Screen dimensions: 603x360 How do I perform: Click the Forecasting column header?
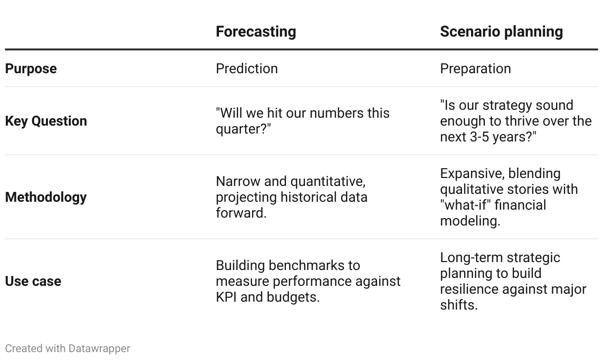click(x=256, y=32)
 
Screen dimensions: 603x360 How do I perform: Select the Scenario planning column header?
click(x=501, y=32)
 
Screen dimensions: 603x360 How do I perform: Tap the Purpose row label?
click(x=31, y=69)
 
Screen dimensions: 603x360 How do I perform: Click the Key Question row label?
click(x=46, y=121)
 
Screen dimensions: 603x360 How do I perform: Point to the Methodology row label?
click(x=46, y=197)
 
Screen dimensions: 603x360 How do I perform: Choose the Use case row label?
click(x=33, y=281)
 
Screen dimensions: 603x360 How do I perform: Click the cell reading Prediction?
click(x=247, y=68)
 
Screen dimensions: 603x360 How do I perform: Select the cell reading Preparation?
click(x=475, y=69)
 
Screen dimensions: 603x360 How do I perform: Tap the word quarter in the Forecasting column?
click(x=241, y=129)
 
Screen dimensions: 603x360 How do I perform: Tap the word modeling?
click(x=470, y=221)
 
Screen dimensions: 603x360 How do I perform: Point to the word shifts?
click(x=459, y=305)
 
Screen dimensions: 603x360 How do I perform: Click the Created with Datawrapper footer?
click(x=68, y=349)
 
